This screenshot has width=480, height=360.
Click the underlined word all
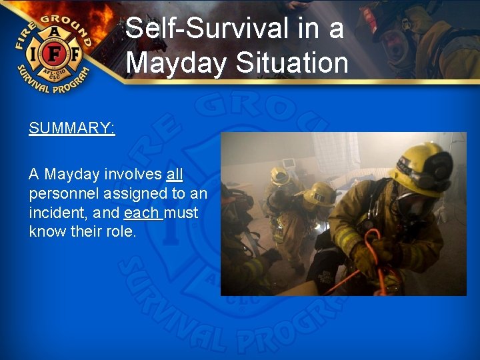click(x=174, y=175)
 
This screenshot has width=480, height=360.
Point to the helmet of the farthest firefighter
click(x=280, y=175)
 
